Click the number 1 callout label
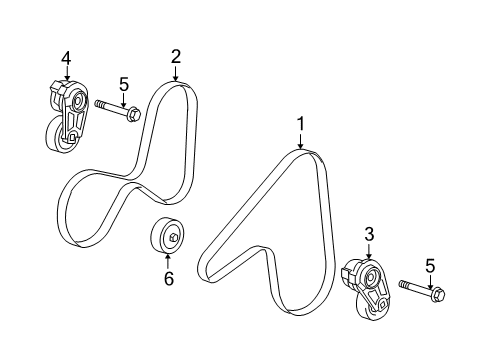299,124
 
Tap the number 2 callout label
175,56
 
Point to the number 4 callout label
66,59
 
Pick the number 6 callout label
168,279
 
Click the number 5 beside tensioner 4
124,84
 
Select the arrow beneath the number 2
175,72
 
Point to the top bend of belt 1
305,153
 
